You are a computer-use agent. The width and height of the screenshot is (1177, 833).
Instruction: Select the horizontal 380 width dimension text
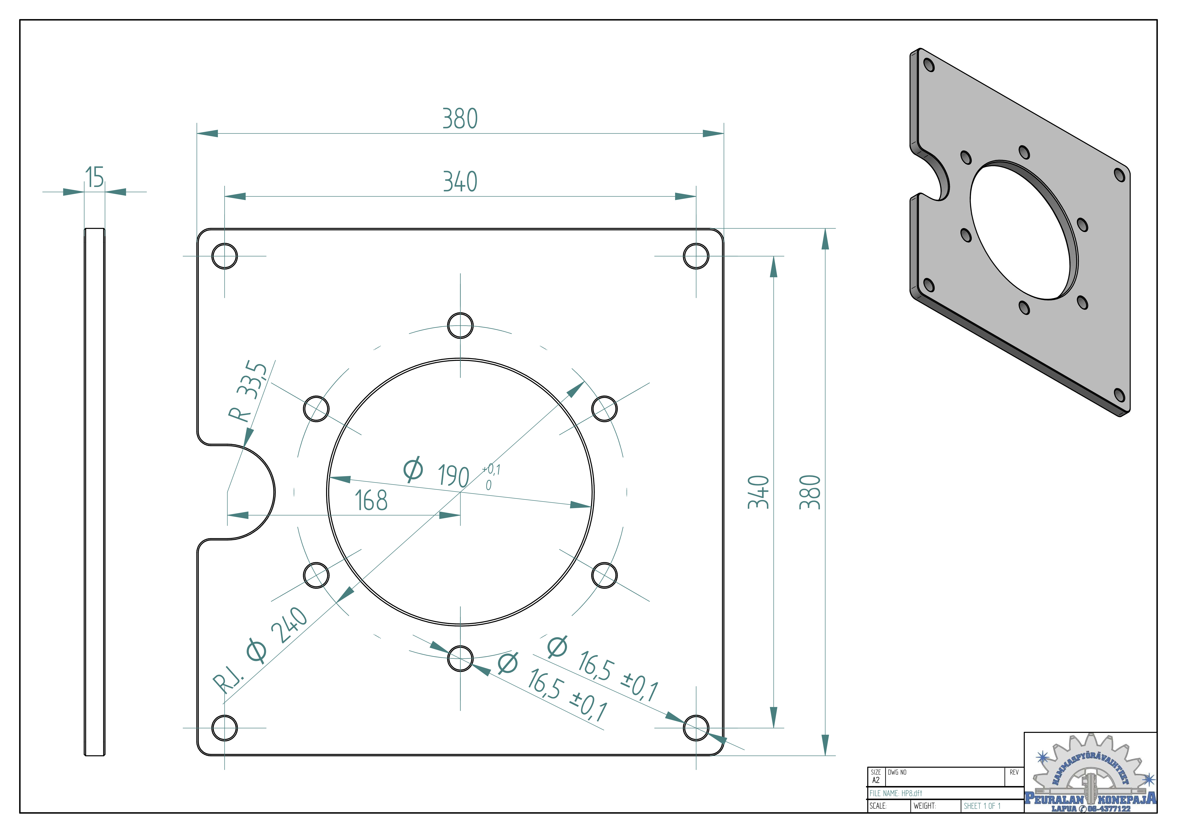[460, 119]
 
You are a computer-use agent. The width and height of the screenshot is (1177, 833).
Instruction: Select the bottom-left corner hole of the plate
[224, 728]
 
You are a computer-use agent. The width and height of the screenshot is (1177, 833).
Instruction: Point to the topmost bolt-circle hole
[460, 326]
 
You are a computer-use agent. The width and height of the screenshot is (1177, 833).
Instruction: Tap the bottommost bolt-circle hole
[460, 658]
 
